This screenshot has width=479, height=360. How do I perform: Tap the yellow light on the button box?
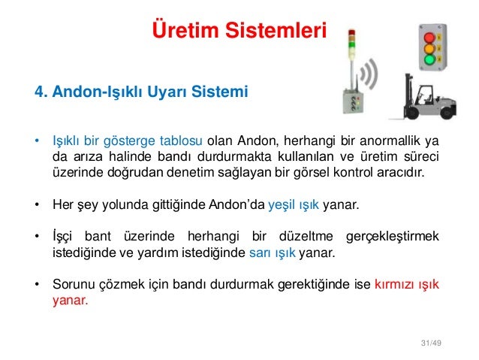pyautogui.click(x=429, y=47)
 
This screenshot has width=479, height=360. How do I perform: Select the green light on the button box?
pyautogui.click(x=429, y=59)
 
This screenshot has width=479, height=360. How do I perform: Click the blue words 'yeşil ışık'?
pyautogui.click(x=294, y=204)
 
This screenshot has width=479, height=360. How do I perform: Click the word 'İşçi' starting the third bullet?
pyautogui.click(x=62, y=237)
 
